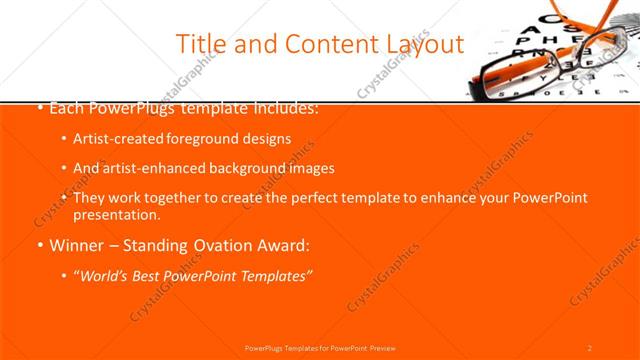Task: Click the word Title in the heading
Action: click(199, 45)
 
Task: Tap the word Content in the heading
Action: click(326, 45)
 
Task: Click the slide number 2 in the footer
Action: click(590, 348)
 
